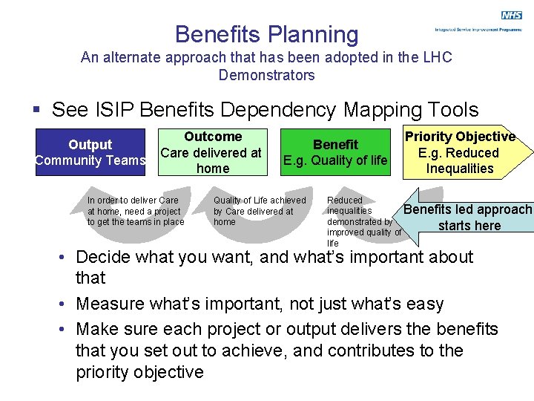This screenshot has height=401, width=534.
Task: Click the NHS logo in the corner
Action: pyautogui.click(x=511, y=16)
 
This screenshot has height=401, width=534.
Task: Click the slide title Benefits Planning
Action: pyautogui.click(x=266, y=34)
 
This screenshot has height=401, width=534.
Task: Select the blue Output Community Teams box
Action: pyautogui.click(x=90, y=152)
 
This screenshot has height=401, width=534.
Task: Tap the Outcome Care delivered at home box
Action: pyautogui.click(x=212, y=152)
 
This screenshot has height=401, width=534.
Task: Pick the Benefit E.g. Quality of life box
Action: pyautogui.click(x=335, y=152)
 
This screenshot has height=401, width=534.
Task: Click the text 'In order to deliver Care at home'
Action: pyautogui.click(x=135, y=211)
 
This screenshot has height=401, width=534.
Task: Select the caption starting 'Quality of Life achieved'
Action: pyautogui.click(x=259, y=211)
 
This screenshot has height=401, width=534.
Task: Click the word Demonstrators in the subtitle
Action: pyautogui.click(x=266, y=75)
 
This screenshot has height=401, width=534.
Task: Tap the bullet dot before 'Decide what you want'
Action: pyautogui.click(x=65, y=258)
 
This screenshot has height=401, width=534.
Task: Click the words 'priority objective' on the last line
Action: pyautogui.click(x=140, y=372)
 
